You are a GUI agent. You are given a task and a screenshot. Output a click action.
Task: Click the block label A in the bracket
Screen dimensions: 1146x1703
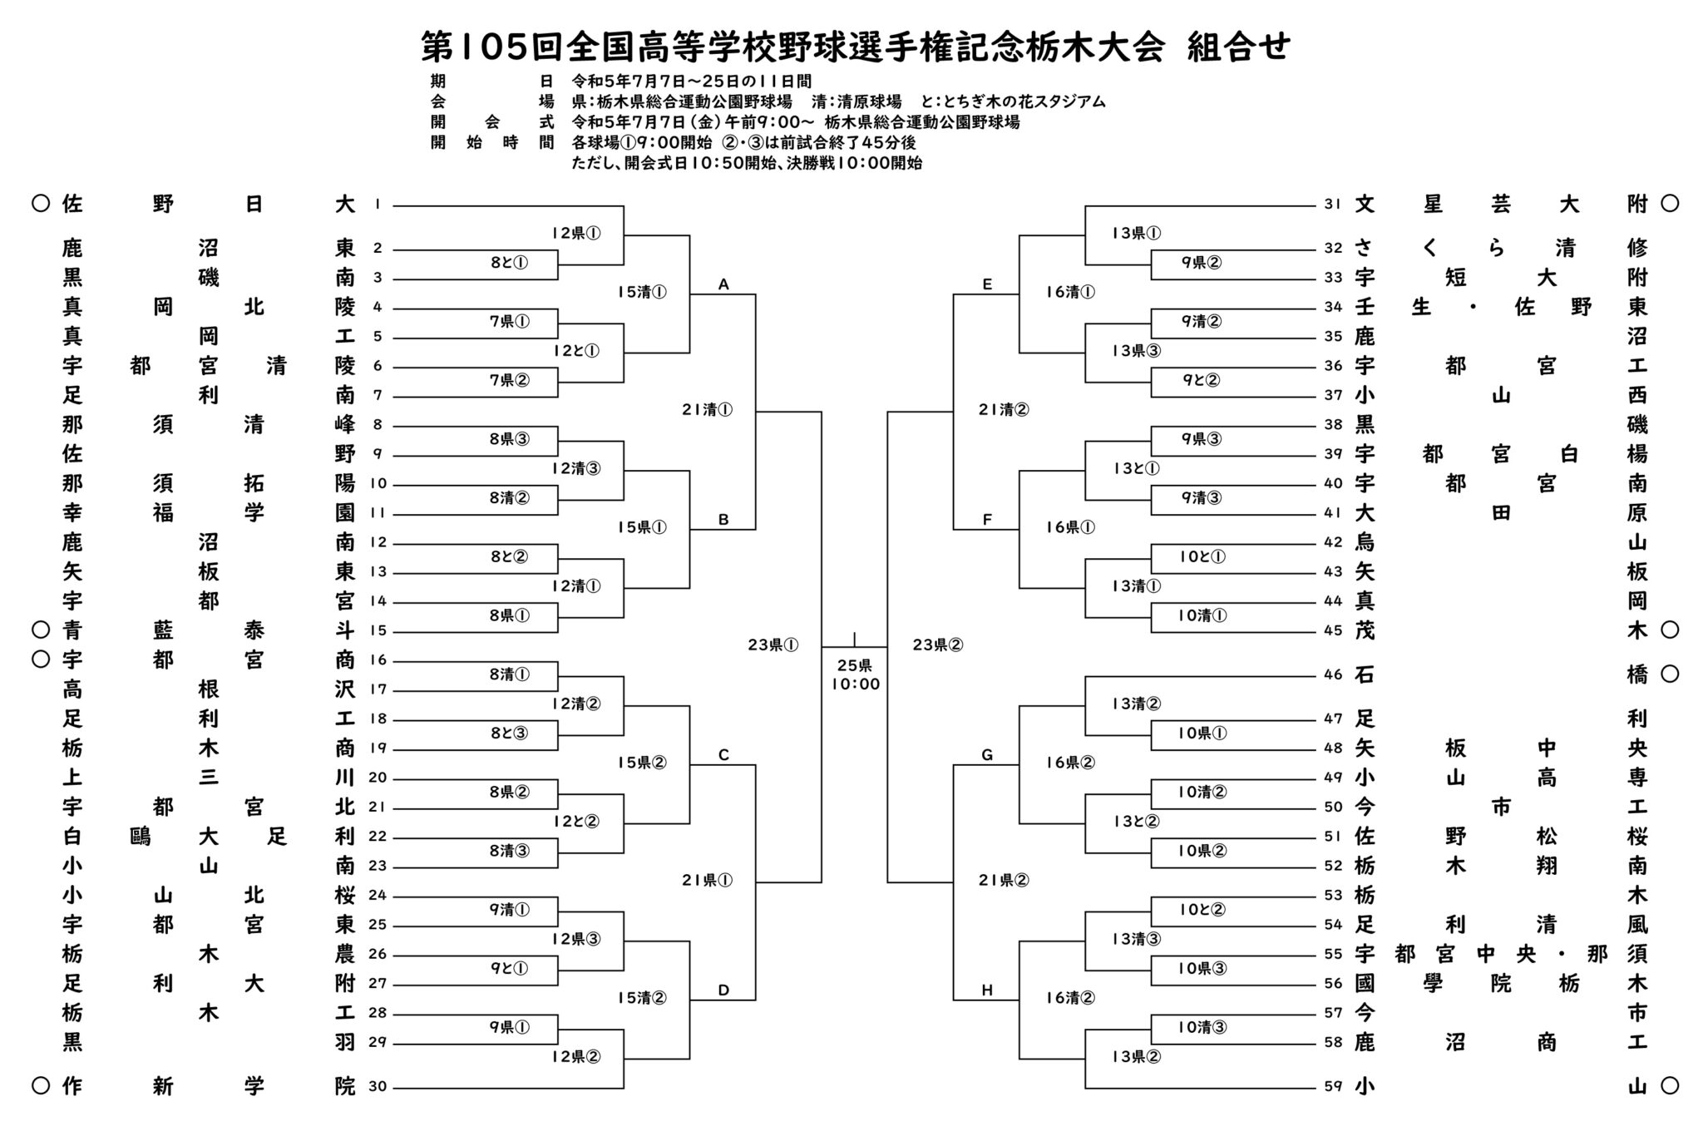723,285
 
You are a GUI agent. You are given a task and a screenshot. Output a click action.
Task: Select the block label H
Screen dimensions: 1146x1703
987,990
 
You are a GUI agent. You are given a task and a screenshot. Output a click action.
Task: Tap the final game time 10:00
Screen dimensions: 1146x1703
855,684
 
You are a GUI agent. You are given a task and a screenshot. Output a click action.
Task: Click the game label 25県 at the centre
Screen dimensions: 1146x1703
855,665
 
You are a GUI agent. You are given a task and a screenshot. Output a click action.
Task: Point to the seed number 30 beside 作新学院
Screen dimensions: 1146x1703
378,1086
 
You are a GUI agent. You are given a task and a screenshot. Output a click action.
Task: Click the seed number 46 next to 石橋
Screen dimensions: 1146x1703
1333,674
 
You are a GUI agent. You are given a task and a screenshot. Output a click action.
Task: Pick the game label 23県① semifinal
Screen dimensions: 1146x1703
773,645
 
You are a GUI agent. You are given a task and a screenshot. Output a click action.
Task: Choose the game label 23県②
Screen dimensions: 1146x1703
938,645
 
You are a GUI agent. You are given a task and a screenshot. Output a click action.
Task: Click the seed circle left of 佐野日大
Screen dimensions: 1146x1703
40,204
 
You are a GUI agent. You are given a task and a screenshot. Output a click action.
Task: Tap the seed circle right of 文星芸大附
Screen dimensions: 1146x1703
1669,204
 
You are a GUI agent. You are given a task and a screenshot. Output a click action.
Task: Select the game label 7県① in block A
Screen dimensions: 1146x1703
509,321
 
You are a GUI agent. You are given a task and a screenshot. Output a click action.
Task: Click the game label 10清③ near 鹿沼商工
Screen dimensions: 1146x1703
1202,1027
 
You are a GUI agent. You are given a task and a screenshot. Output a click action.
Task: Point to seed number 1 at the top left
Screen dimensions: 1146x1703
378,205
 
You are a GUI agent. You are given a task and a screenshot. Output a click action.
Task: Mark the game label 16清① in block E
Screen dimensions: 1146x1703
1070,292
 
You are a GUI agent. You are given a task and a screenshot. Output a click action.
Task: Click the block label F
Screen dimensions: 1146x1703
987,520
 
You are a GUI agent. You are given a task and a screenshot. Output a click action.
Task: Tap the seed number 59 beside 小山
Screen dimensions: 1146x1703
1333,1086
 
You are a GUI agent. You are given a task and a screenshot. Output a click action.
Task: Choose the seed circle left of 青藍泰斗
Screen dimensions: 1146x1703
40,630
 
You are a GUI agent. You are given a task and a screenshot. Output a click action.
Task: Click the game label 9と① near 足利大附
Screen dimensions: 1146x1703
509,968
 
